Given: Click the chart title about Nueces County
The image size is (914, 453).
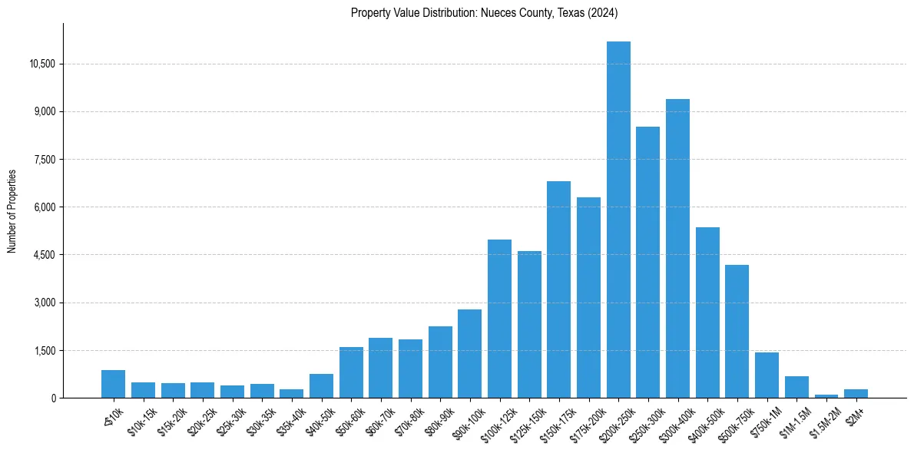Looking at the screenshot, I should pyautogui.click(x=484, y=13).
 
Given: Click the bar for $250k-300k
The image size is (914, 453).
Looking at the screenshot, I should pyautogui.click(x=647, y=262).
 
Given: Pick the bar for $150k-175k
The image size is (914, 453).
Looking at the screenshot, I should pyautogui.click(x=558, y=289).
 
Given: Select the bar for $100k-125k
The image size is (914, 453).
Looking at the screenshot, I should pyautogui.click(x=499, y=319).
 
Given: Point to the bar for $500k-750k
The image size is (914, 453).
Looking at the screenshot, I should pyautogui.click(x=737, y=331).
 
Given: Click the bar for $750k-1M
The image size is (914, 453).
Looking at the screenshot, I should pyautogui.click(x=767, y=375).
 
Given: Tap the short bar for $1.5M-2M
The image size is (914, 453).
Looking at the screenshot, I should pyautogui.click(x=826, y=395).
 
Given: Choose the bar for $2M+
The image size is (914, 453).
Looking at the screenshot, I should pyautogui.click(x=856, y=393).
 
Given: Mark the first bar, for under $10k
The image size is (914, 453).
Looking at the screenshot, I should pyautogui.click(x=113, y=384).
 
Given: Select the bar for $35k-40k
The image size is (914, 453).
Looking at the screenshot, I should pyautogui.click(x=291, y=393).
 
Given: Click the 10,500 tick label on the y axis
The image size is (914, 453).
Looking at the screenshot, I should pyautogui.click(x=42, y=64).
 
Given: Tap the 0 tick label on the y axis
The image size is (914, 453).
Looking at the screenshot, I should pyautogui.click(x=53, y=398).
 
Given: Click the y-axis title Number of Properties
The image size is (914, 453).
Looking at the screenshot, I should pyautogui.click(x=12, y=210).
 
